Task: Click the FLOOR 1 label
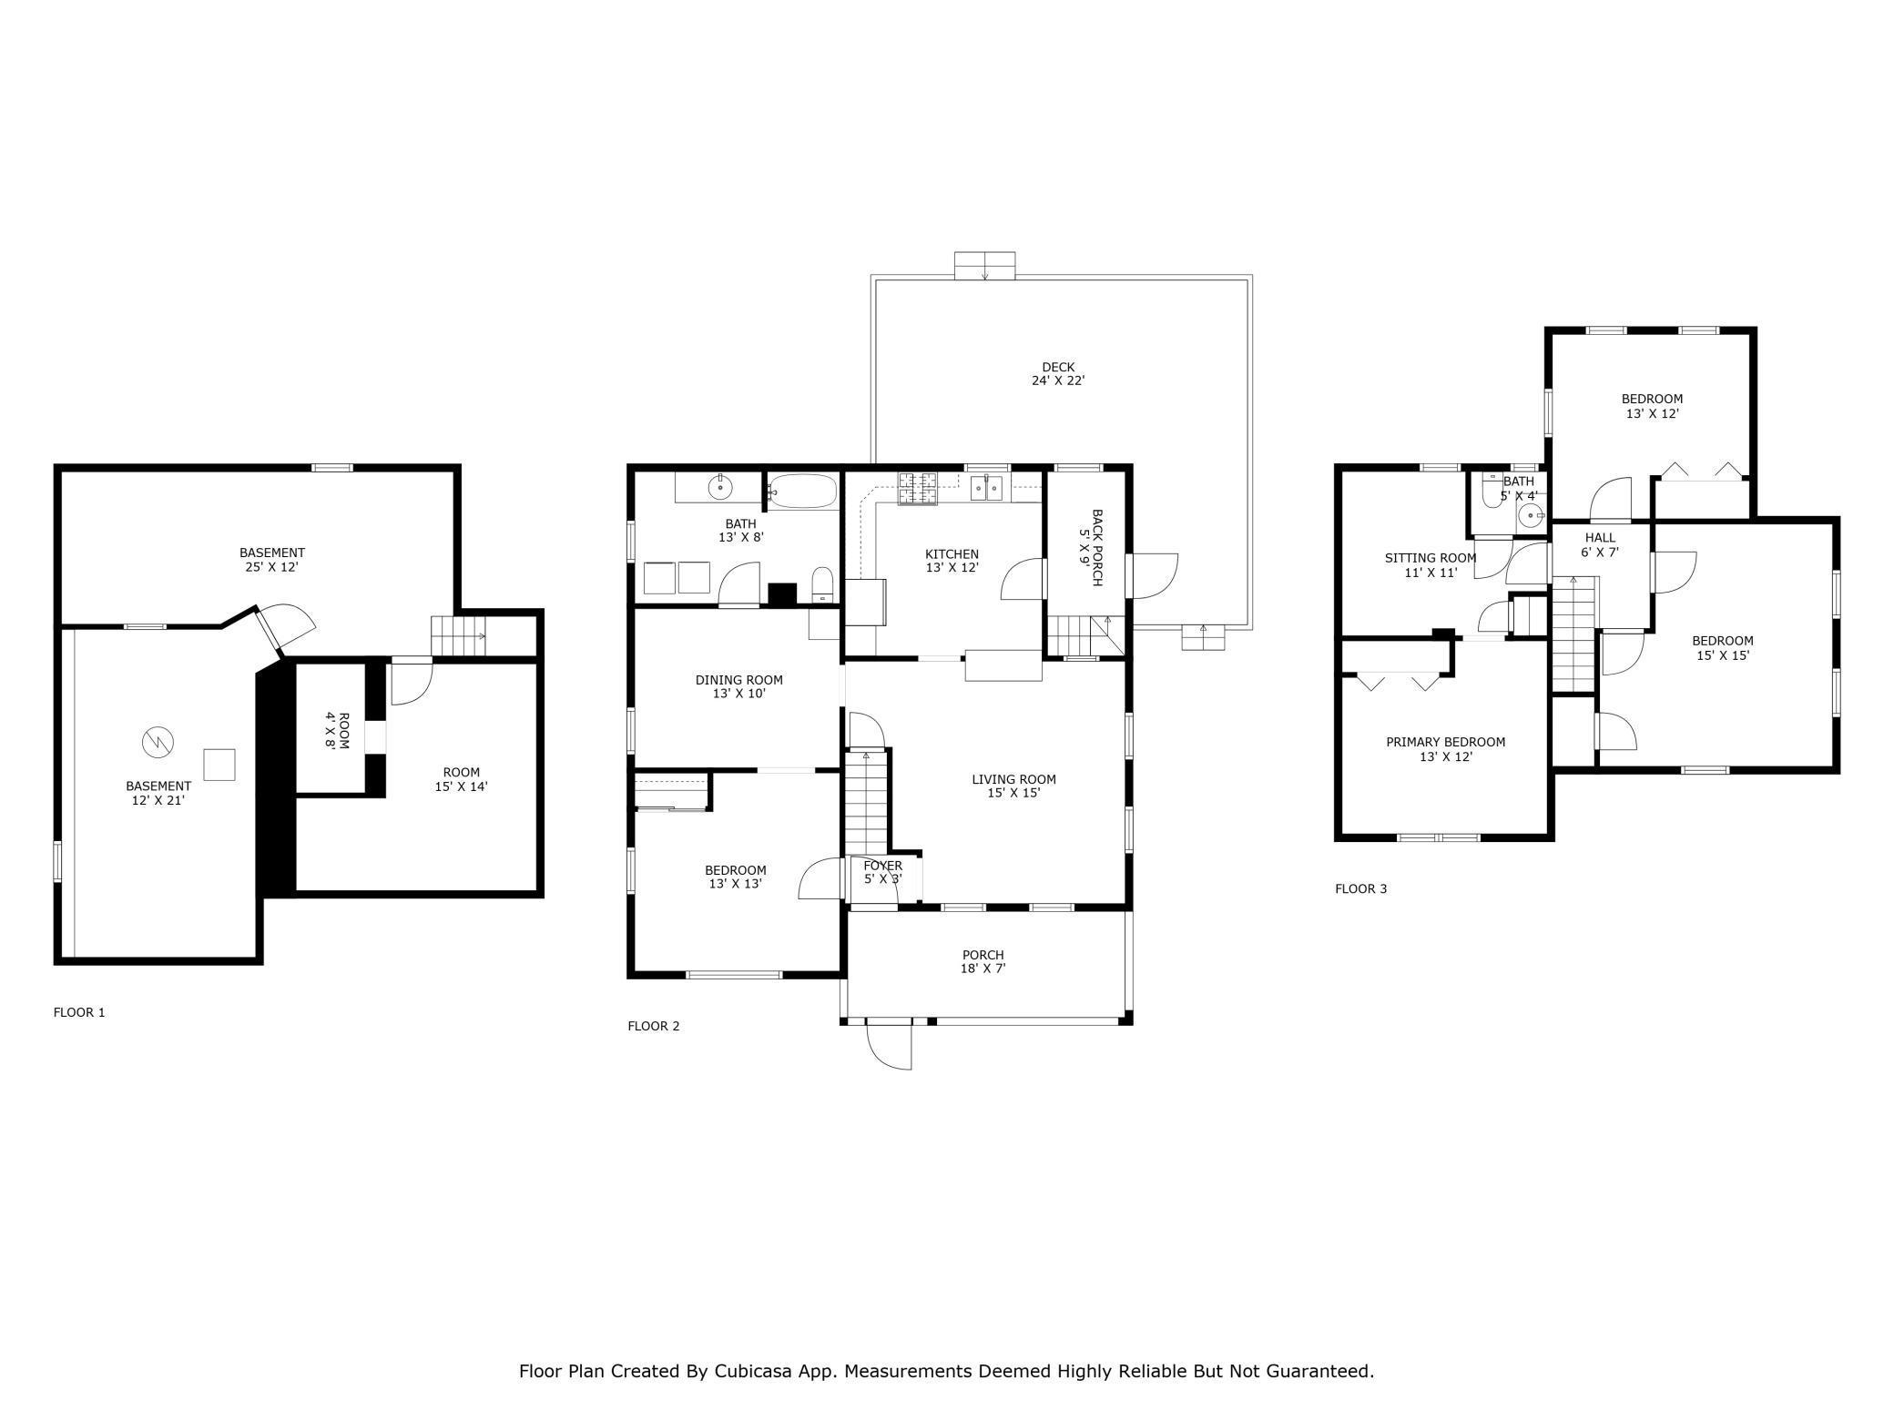[79, 1012]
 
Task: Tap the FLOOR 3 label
[1360, 889]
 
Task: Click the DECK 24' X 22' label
[1058, 374]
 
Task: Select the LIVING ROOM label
[1013, 779]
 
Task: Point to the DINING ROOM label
[738, 680]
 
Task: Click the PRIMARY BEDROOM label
[1445, 743]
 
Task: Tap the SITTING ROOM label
[1431, 558]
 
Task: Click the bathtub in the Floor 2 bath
[802, 492]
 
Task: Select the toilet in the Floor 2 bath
[822, 584]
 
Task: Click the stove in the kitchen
[919, 489]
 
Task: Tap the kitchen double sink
[986, 488]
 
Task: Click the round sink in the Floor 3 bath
[1532, 516]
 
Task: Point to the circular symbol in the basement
[157, 743]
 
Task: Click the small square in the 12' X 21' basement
[219, 765]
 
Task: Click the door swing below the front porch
[890, 1046]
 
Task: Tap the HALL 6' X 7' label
[1600, 544]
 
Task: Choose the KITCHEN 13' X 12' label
[952, 561]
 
